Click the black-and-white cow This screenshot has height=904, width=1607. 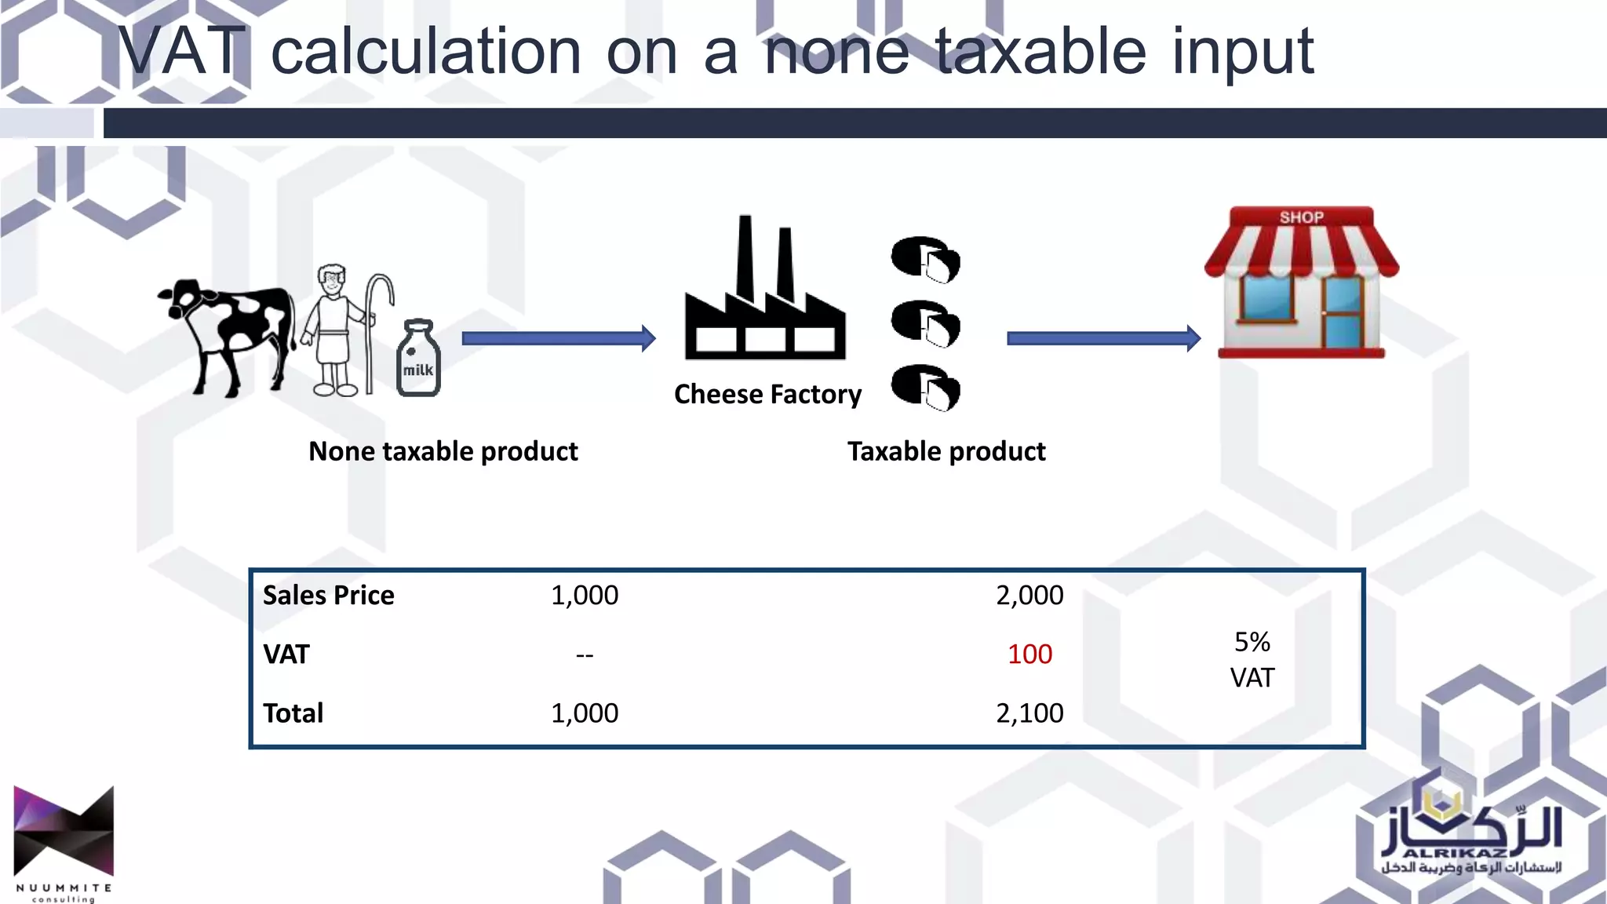tap(228, 334)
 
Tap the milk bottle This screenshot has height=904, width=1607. tap(418, 359)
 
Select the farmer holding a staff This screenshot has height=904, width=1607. tap(337, 330)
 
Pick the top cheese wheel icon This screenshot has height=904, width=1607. tap(925, 258)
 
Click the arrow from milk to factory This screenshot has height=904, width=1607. tap(558, 338)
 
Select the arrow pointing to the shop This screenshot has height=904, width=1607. tap(1102, 338)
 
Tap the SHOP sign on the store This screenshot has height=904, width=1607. tap(1301, 217)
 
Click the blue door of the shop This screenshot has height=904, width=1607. tap(1343, 314)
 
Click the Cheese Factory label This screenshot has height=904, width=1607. tap(767, 394)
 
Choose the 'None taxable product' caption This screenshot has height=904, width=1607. tap(443, 451)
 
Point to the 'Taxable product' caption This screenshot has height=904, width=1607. tap(946, 451)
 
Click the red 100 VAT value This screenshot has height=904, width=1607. tap(1029, 654)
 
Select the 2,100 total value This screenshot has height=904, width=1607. tap(1029, 713)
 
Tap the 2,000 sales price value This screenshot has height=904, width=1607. tap(1029, 595)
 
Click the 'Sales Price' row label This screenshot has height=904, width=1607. tap(329, 595)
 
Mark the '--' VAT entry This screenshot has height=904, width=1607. tap(585, 654)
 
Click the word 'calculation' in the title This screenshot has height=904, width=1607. tap(425, 52)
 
